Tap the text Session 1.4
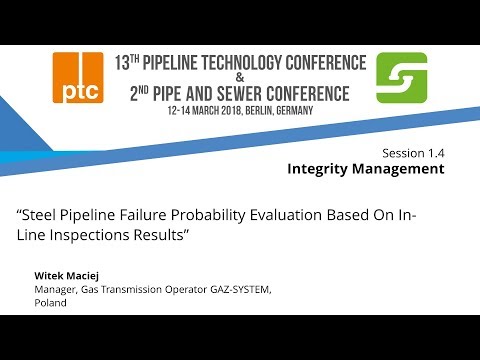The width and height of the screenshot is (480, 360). [413, 153]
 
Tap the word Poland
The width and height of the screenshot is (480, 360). [50, 303]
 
